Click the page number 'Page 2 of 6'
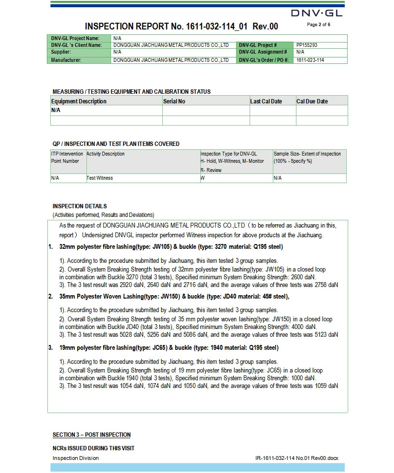319,24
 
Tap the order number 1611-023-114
310,60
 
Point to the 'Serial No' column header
174,101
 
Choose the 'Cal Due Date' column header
312,101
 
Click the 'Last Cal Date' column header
266,101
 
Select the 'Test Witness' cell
99,178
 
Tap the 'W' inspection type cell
203,178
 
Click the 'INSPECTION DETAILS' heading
80,206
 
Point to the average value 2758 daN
326,285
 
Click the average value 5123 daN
326,334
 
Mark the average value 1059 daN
326,386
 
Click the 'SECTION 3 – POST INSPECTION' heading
91,435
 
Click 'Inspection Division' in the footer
75,458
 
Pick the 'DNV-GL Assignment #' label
263,52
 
